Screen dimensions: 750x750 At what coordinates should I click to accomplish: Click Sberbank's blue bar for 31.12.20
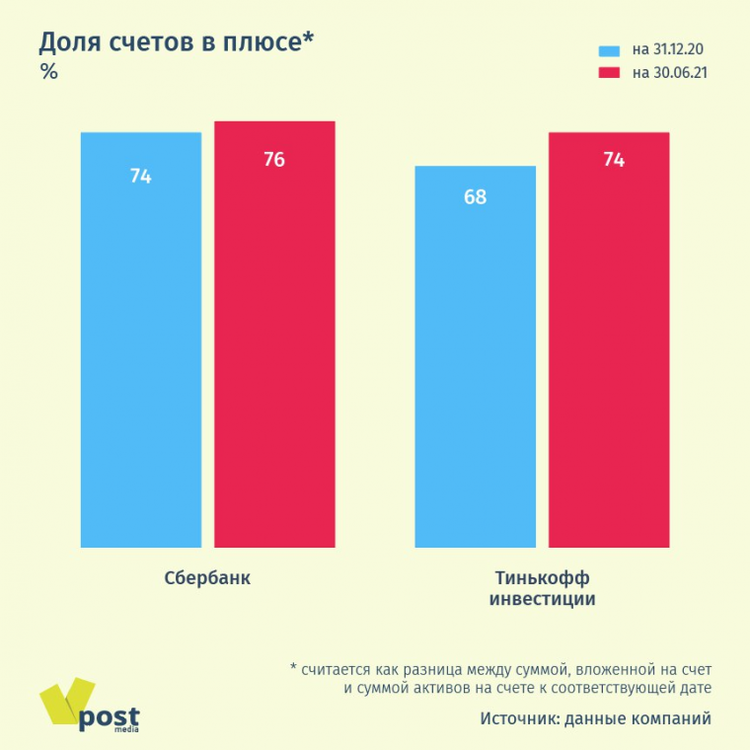[x=140, y=345]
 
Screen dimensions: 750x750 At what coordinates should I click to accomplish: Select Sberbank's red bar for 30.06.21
[x=274, y=345]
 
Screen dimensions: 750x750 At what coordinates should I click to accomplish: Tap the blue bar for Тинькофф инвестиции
[x=475, y=365]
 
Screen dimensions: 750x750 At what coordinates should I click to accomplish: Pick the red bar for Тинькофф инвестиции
[x=609, y=345]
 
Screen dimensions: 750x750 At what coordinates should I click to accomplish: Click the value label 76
[x=274, y=159]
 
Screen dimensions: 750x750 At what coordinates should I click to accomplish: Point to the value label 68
[x=475, y=196]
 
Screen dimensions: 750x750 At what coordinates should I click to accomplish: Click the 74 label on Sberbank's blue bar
[x=140, y=177]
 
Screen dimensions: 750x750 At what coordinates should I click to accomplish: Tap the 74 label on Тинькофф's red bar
[x=613, y=159]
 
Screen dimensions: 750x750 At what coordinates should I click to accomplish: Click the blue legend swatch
[x=608, y=49]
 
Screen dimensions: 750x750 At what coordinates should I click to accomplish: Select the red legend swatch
[x=608, y=72]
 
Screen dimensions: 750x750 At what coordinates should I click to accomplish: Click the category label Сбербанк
[x=207, y=578]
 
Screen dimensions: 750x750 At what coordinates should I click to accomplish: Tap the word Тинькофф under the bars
[x=542, y=578]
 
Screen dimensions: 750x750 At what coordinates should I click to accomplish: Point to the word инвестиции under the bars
[x=542, y=599]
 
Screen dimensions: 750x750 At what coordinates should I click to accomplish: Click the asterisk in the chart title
[x=308, y=39]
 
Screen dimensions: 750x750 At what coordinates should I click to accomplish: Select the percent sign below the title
[x=48, y=71]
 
